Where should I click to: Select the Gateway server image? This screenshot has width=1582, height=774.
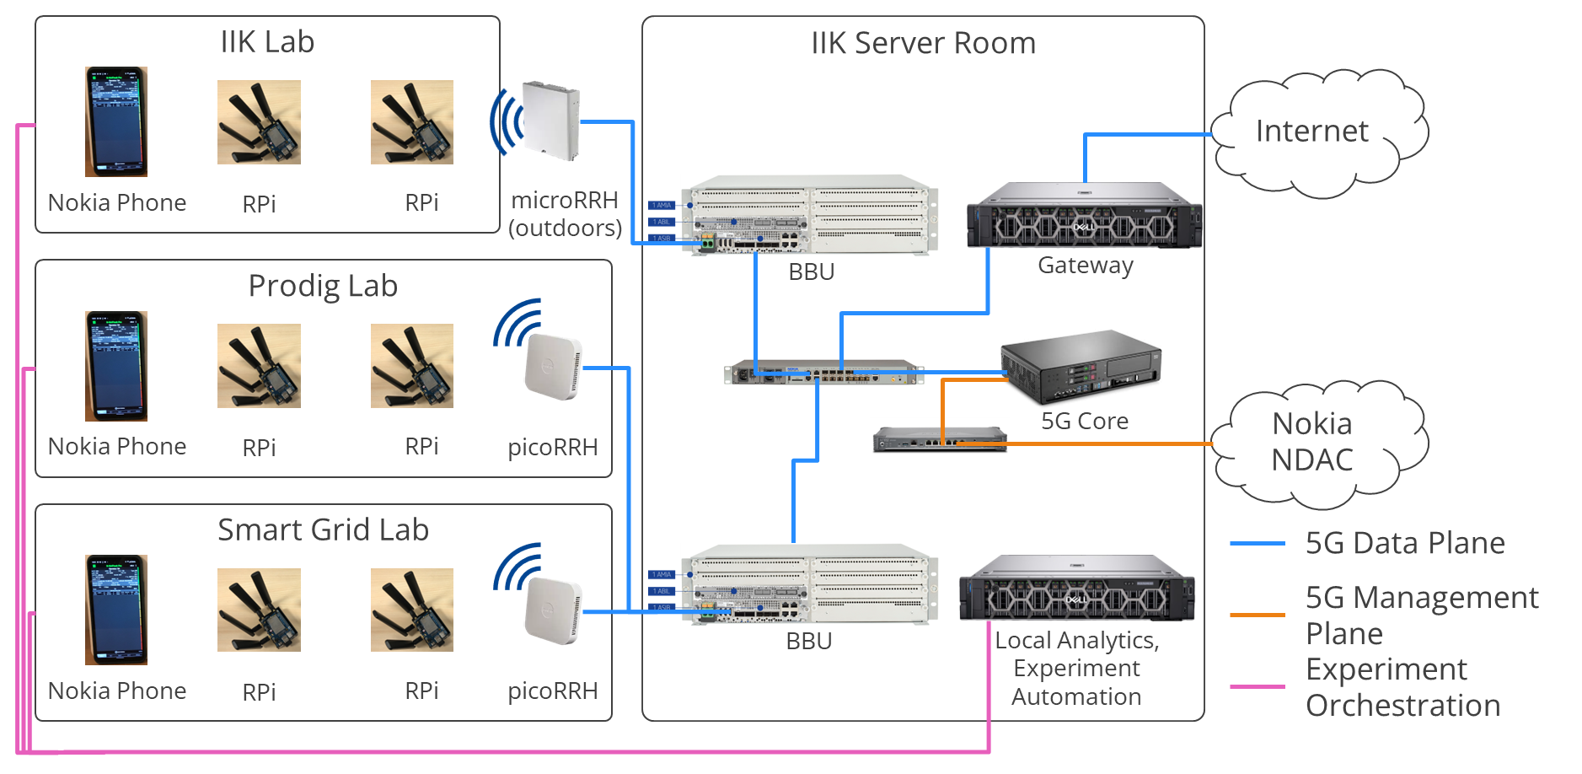(x=1084, y=216)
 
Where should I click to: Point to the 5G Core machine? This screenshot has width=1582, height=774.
(x=1081, y=367)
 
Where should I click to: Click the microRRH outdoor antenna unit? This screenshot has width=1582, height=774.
(x=551, y=119)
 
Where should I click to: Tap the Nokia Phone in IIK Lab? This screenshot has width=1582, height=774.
(x=116, y=121)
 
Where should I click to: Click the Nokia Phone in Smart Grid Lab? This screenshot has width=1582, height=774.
(x=116, y=610)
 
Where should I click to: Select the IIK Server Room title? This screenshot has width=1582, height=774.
(x=923, y=43)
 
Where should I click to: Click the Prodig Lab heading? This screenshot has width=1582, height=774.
(x=323, y=286)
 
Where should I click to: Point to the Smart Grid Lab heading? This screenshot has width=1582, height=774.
(x=323, y=529)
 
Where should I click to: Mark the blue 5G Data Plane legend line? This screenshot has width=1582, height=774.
(x=1257, y=544)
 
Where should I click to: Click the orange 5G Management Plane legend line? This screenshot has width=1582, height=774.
(x=1257, y=615)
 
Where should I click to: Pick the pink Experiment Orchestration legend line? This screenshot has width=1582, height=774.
(x=1257, y=687)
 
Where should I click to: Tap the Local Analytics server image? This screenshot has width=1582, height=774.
(x=1076, y=588)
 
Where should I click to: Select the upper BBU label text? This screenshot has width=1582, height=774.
(x=811, y=271)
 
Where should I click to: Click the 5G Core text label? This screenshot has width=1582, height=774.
(x=1085, y=421)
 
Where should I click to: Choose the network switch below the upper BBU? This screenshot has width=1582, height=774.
(x=823, y=372)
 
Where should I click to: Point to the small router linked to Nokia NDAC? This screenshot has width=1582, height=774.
(x=939, y=439)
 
